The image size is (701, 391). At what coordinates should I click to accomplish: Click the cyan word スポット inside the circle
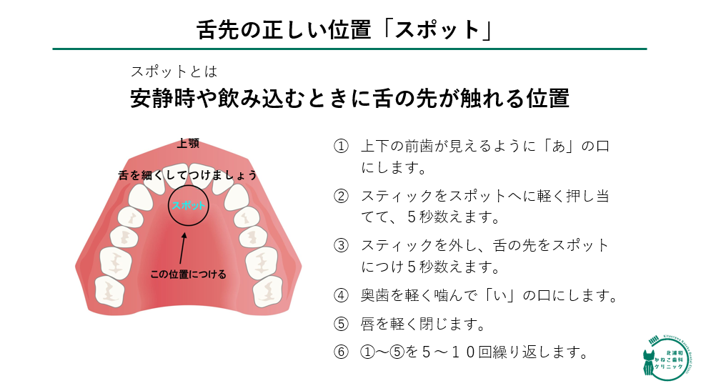click(188, 205)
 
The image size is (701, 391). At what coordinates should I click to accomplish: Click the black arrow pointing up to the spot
click(182, 248)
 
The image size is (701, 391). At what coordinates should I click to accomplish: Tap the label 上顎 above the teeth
click(188, 143)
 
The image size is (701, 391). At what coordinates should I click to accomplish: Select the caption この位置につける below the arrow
click(188, 274)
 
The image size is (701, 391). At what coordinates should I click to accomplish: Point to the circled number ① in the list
click(341, 146)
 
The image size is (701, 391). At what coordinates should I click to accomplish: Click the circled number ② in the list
click(341, 196)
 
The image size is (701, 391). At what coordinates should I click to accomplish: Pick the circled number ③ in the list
click(341, 245)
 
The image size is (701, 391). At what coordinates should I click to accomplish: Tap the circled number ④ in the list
click(341, 295)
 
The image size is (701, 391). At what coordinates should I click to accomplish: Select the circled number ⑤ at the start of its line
click(341, 323)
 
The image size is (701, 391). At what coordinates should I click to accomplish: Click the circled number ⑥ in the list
click(341, 352)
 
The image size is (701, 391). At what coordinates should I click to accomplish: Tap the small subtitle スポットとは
click(174, 71)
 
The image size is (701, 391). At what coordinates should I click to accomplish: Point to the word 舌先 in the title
click(218, 31)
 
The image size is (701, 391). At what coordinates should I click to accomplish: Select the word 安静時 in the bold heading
click(163, 99)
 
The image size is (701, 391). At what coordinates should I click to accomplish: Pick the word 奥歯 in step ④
click(375, 295)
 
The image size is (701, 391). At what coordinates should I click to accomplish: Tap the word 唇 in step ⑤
click(368, 323)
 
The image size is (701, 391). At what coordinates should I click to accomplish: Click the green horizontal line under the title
click(349, 49)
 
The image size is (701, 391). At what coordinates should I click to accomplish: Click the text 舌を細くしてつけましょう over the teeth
click(188, 175)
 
